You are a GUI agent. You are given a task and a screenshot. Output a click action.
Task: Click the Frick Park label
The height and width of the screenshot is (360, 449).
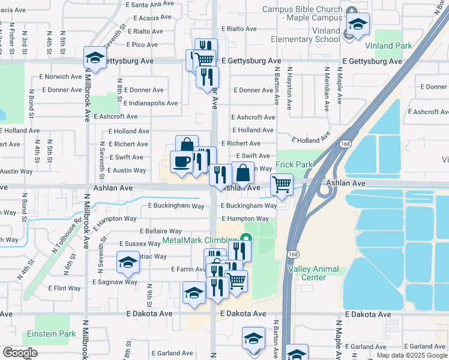(294, 164)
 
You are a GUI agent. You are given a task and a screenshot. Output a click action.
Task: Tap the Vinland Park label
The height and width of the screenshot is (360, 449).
(388, 46)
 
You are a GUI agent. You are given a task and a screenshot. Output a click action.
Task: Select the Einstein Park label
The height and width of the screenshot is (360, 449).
(50, 334)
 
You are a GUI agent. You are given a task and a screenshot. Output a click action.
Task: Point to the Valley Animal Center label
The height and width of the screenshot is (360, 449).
(313, 274)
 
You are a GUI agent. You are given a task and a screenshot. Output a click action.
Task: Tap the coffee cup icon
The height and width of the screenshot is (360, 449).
(182, 162)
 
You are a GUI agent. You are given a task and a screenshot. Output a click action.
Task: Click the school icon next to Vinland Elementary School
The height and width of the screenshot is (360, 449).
(358, 25)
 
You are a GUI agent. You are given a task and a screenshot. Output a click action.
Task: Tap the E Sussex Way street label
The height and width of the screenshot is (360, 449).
(140, 244)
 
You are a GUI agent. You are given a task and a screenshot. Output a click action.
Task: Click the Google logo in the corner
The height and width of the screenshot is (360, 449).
(20, 353)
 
